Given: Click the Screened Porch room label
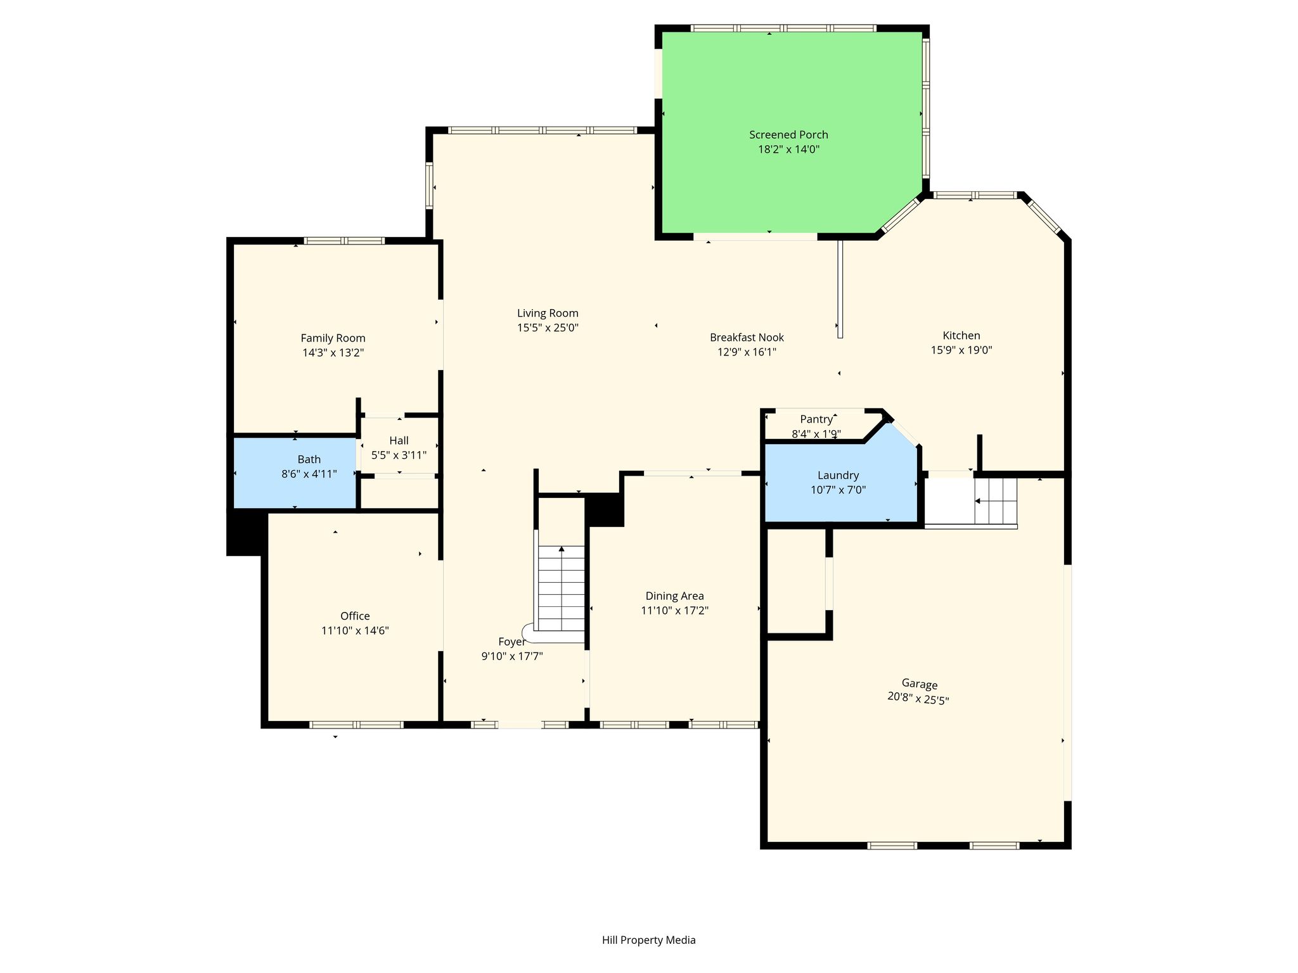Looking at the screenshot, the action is click(x=788, y=135).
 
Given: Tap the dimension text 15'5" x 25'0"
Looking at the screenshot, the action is click(x=548, y=328).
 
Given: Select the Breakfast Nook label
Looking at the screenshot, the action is click(x=747, y=338).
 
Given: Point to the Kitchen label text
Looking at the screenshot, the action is click(x=961, y=336).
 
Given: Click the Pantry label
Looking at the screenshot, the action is click(x=816, y=419).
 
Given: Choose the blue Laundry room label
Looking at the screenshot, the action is click(x=838, y=475).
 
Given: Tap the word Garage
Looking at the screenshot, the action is click(x=920, y=684).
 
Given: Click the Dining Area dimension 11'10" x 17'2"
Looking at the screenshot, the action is click(x=674, y=611).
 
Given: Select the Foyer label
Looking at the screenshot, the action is click(x=511, y=642).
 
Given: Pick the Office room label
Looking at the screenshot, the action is click(x=355, y=616).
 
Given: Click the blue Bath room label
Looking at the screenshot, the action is click(x=309, y=459).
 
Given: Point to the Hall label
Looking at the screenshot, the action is click(x=399, y=440).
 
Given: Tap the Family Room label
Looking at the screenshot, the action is click(x=333, y=338).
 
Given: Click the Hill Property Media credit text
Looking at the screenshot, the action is click(x=649, y=940).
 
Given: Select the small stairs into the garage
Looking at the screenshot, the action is click(x=996, y=501).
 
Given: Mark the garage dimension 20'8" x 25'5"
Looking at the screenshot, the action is click(x=918, y=698).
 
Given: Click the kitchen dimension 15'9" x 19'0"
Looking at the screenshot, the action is click(x=961, y=350).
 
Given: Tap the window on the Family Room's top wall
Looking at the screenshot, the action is click(x=344, y=241).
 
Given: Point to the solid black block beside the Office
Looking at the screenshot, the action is click(x=245, y=532).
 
